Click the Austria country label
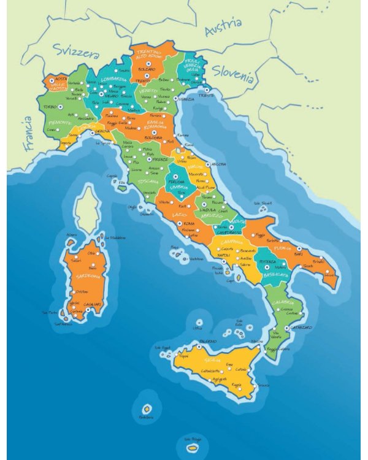(x=223, y=28)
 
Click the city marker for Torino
(x=61, y=107)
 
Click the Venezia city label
(x=186, y=99)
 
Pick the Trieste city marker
(x=206, y=90)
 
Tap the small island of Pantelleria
(x=147, y=408)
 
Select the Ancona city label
(x=219, y=164)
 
